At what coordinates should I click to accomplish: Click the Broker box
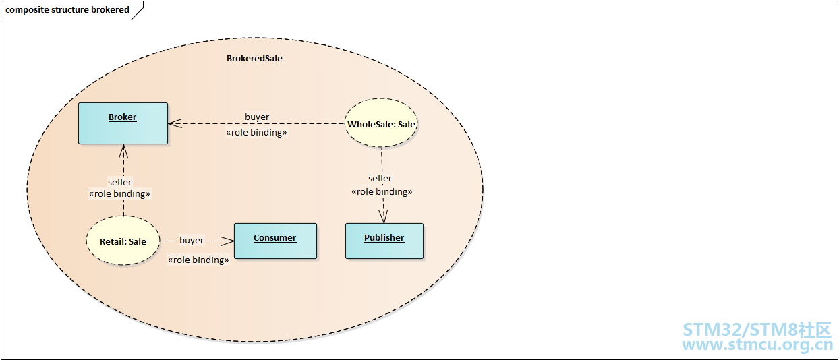(123, 123)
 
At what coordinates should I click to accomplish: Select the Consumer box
(275, 241)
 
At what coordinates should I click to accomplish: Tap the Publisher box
(384, 241)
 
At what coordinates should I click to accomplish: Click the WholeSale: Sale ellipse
(382, 124)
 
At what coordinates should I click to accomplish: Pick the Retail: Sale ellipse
(123, 241)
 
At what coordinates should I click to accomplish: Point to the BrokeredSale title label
(254, 59)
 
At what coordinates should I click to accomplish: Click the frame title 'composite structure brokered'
(67, 10)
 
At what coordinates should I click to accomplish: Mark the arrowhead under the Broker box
(123, 149)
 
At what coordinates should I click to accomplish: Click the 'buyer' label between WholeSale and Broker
(257, 117)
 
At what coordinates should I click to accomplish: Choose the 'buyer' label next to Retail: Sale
(192, 240)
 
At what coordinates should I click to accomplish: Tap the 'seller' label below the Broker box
(120, 182)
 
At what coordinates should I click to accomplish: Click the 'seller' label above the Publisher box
(380, 179)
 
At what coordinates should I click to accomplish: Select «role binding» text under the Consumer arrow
(198, 260)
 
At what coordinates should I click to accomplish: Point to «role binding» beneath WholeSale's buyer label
(256, 133)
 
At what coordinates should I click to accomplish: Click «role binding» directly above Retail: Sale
(119, 194)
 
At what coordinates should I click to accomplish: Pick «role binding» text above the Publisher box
(382, 192)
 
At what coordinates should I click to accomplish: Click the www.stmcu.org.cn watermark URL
(757, 345)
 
